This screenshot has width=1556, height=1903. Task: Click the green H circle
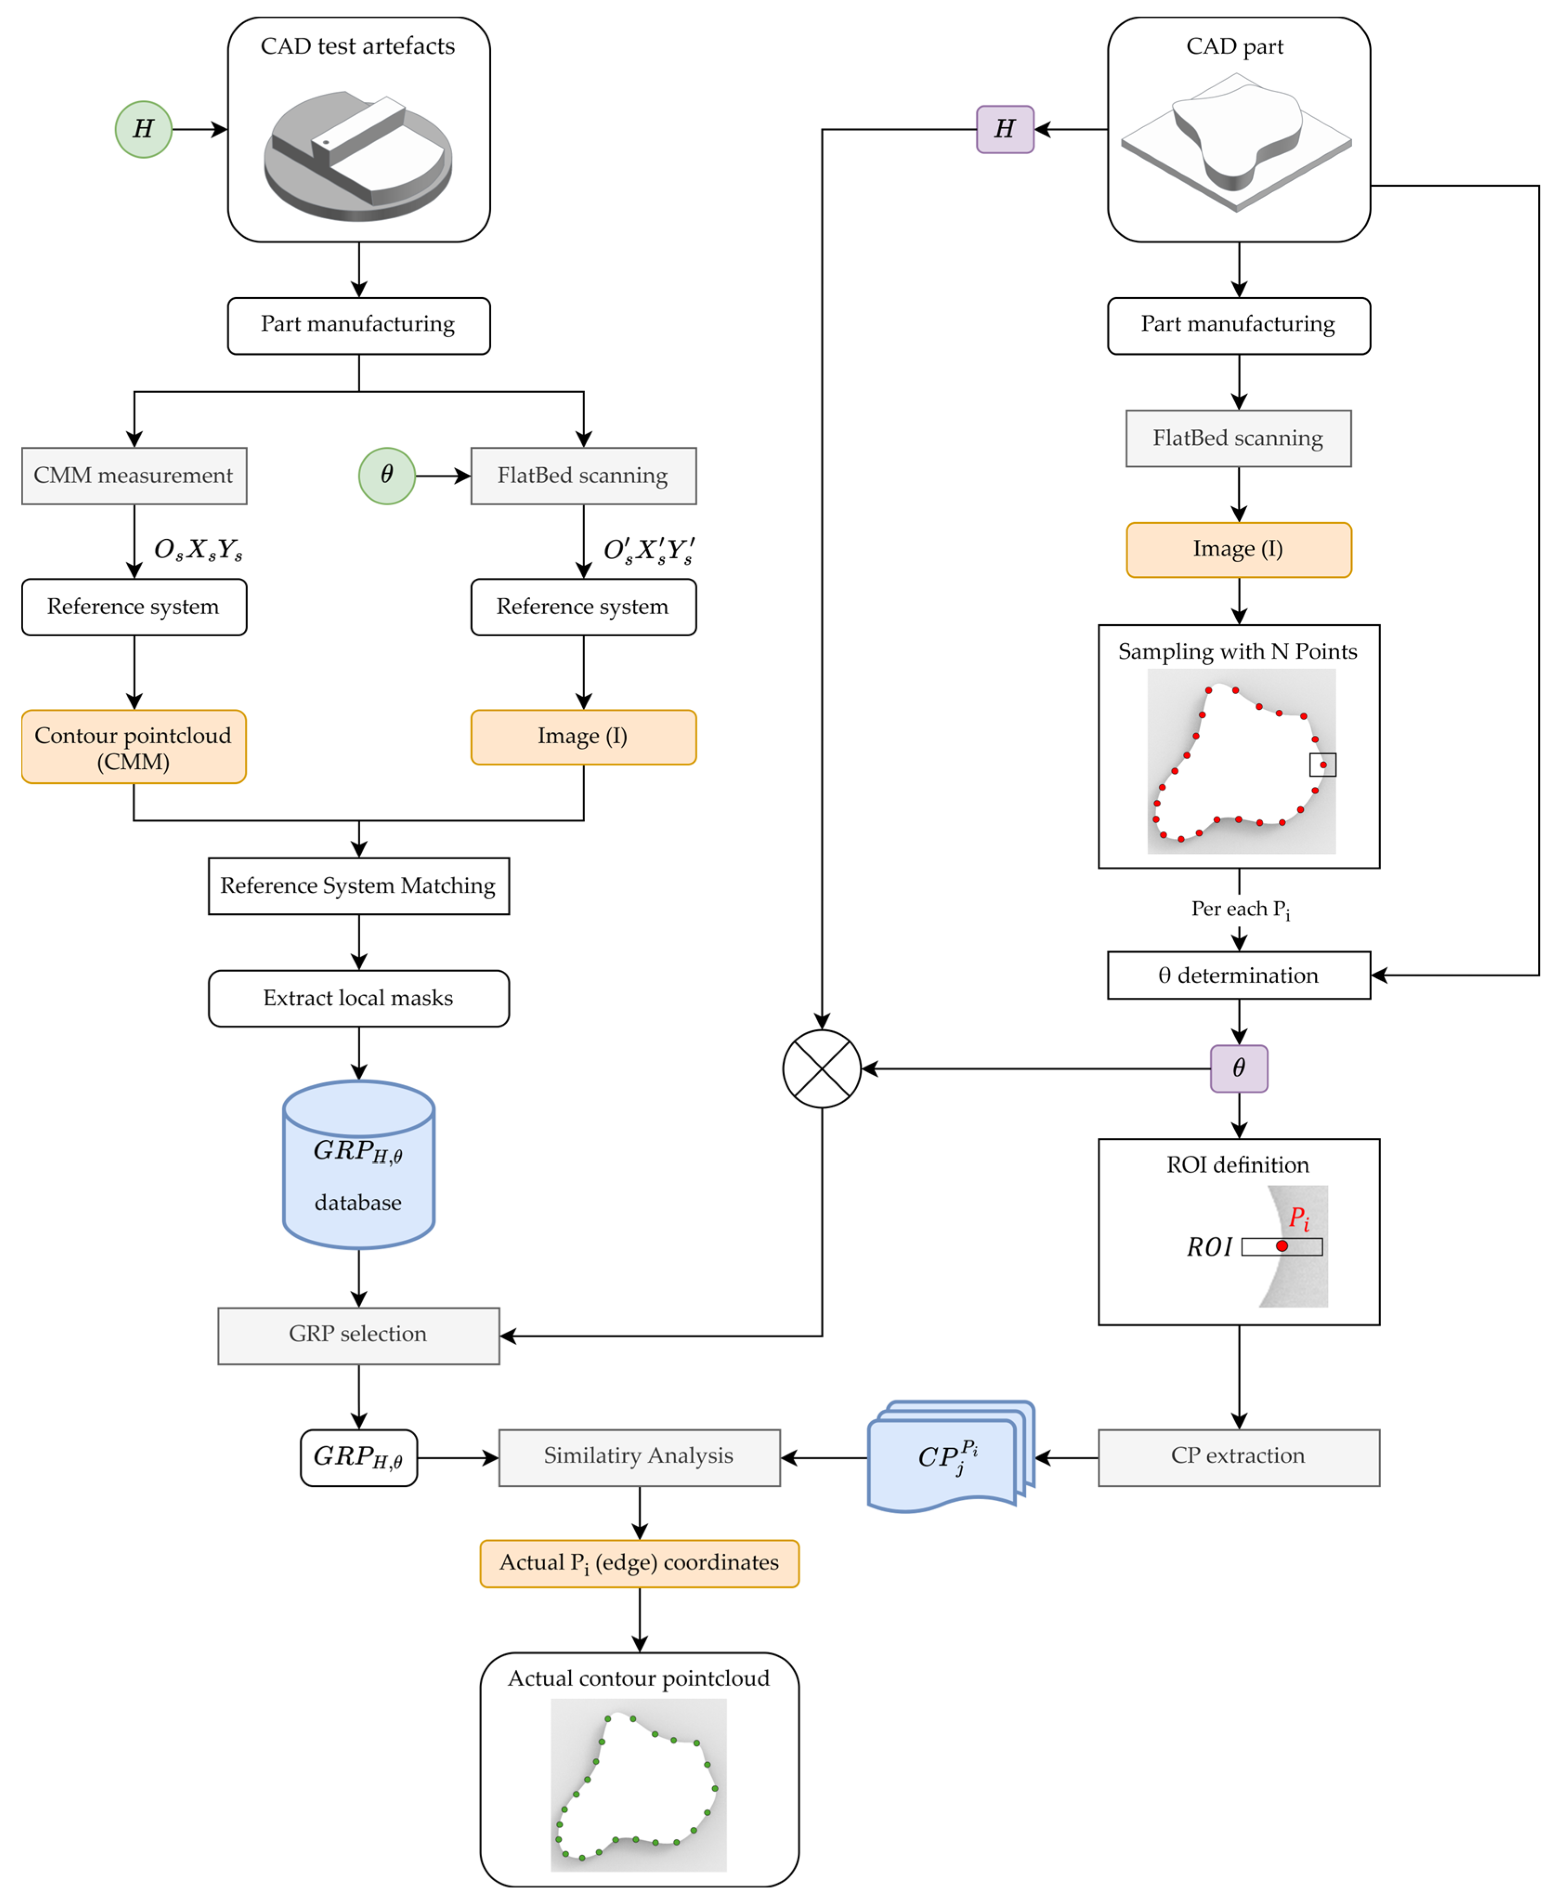(x=143, y=129)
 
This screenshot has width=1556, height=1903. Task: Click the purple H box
(x=1005, y=129)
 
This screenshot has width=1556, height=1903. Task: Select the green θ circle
(x=386, y=475)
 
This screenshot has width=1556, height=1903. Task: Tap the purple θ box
(x=1239, y=1067)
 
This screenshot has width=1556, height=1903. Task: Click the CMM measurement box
(x=134, y=475)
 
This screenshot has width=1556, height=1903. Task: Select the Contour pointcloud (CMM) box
(x=134, y=747)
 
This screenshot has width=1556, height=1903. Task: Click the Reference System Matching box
(x=358, y=886)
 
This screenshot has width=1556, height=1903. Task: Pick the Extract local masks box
(x=358, y=998)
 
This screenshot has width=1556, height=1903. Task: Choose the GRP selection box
(x=358, y=1334)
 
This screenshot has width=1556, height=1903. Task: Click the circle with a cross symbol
(x=822, y=1068)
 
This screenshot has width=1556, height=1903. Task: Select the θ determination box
(x=1239, y=975)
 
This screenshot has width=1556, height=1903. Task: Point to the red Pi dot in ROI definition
(x=1282, y=1246)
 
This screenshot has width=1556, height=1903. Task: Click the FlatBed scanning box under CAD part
(x=1239, y=438)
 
